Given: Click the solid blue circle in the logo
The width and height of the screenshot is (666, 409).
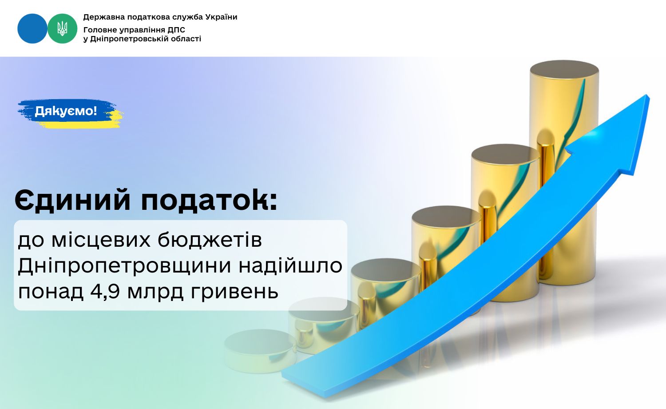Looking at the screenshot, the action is click(x=32, y=28).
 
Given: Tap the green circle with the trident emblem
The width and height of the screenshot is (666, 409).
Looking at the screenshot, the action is click(x=63, y=28).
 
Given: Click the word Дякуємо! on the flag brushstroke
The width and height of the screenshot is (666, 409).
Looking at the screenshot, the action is click(x=66, y=111).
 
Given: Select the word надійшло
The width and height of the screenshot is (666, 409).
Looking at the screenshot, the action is click(x=290, y=265).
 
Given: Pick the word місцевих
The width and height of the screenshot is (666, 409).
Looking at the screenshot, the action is click(x=101, y=240).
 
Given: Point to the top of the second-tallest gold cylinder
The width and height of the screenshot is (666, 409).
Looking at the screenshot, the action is click(x=505, y=155).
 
